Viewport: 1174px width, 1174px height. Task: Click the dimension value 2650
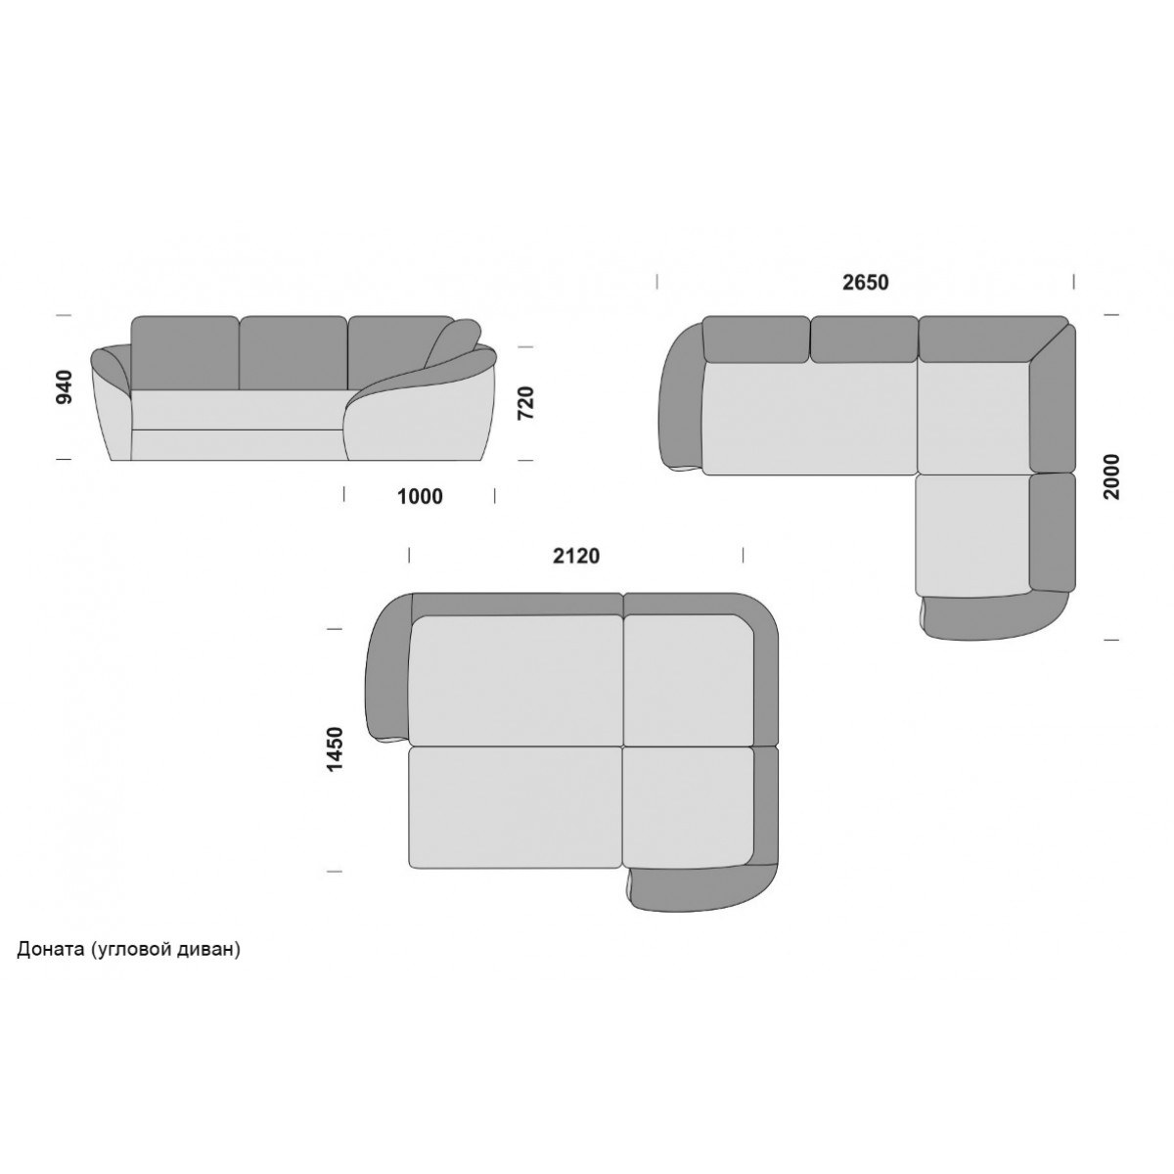pyautogui.click(x=865, y=282)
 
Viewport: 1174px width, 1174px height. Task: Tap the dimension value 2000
pyautogui.click(x=1111, y=477)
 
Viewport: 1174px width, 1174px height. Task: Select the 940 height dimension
pyautogui.click(x=64, y=386)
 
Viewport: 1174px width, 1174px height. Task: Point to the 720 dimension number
pyautogui.click(x=525, y=403)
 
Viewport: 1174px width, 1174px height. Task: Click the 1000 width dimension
pyautogui.click(x=420, y=497)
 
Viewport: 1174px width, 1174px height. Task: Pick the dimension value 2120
pyautogui.click(x=575, y=556)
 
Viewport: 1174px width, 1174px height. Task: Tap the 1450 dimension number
pyautogui.click(x=336, y=749)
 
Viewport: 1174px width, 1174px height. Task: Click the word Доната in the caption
pyautogui.click(x=51, y=949)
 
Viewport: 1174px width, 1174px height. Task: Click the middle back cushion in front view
pyautogui.click(x=293, y=352)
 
